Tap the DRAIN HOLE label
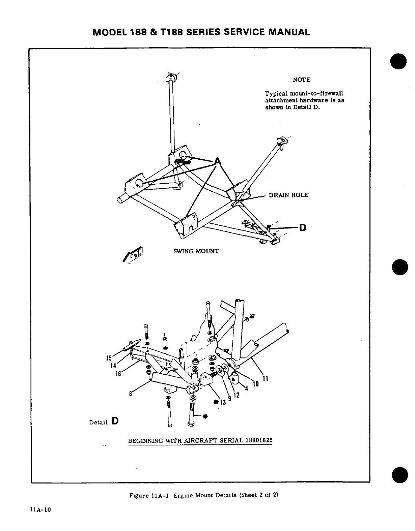point(288,195)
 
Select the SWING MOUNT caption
point(196,251)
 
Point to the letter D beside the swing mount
point(303,228)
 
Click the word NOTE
point(302,80)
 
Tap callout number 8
point(130,394)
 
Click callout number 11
point(265,378)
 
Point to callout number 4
point(247,389)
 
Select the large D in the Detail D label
point(115,421)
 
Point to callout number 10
point(256,384)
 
